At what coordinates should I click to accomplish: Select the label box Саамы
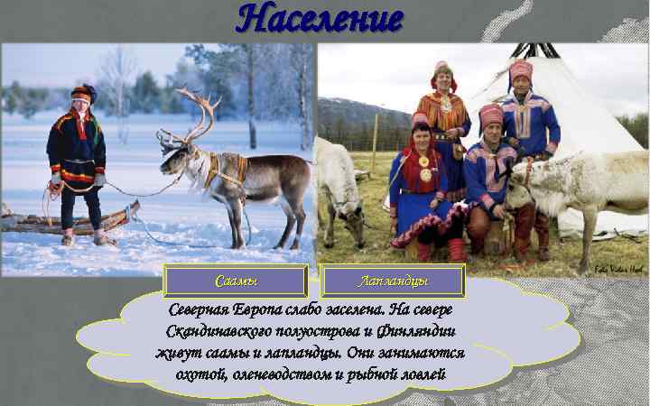(237, 281)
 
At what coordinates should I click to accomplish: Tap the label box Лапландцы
(393, 281)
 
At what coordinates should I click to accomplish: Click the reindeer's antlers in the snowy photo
(199, 113)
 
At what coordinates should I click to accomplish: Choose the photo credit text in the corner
(619, 268)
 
